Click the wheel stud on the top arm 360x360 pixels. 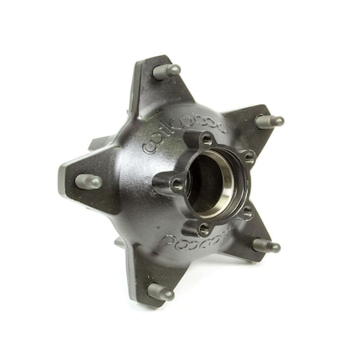166,71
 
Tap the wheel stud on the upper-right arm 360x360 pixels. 268,122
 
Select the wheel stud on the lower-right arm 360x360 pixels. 266,245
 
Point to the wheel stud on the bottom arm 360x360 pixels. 161,292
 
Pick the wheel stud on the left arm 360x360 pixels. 89,181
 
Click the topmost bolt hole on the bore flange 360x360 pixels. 206,141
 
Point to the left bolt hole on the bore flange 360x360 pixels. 175,183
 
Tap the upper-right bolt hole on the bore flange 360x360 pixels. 245,157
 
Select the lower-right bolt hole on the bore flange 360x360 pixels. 247,212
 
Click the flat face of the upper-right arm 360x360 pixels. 244,122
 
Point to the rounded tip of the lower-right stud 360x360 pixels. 278,247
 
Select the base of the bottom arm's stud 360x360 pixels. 152,288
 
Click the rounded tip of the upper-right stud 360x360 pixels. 279,122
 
